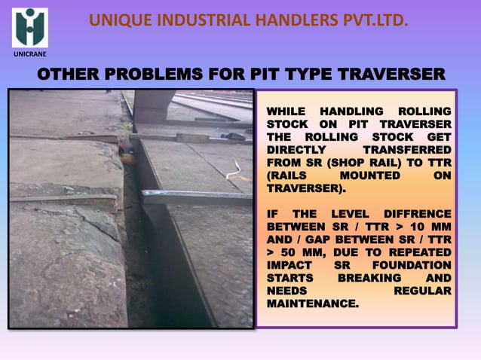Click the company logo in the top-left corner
click(x=29, y=28)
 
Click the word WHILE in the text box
click(x=286, y=111)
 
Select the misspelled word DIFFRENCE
click(x=416, y=213)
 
